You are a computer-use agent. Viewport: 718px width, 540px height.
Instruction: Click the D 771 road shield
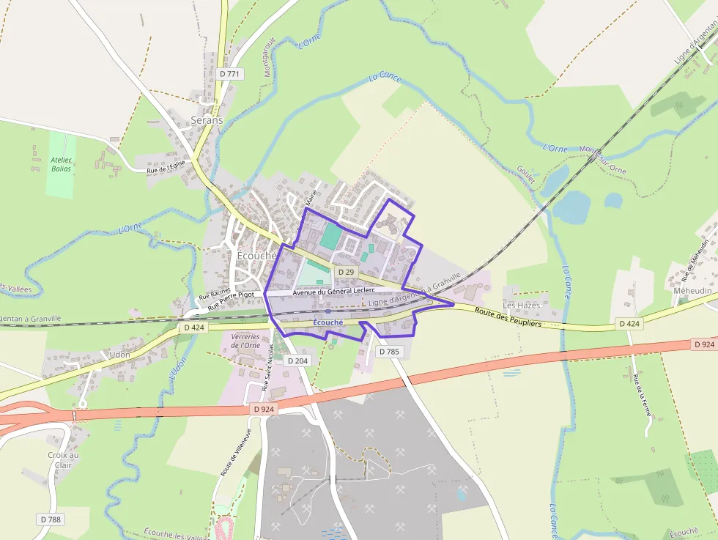coord(229,73)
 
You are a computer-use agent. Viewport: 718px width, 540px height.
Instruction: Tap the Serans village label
coord(207,119)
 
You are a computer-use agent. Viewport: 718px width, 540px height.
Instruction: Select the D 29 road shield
coord(346,272)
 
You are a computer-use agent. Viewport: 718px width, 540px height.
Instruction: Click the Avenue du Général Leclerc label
coord(333,291)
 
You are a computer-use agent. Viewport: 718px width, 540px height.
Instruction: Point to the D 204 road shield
coord(297,360)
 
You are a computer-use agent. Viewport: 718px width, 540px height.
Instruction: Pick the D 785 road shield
coord(390,352)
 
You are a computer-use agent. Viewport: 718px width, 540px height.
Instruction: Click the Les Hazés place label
coord(521,305)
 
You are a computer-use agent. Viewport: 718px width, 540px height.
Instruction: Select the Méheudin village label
coord(692,291)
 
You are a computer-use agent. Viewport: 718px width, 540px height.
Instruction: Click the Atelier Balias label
coord(62,164)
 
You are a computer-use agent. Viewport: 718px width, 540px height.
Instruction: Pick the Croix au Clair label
coord(63,459)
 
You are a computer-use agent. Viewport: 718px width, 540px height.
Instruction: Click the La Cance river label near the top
coord(385,76)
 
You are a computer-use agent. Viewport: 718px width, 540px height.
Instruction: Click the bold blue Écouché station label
coord(327,322)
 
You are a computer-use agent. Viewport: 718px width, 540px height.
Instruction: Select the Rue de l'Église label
coord(166,168)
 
